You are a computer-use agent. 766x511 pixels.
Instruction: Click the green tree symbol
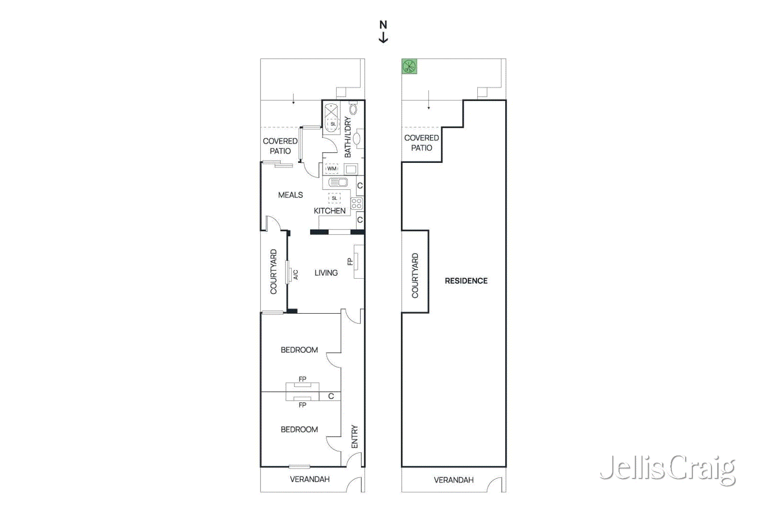(x=409, y=67)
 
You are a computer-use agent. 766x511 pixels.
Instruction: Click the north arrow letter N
(x=383, y=25)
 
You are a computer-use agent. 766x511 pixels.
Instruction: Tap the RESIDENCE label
(x=466, y=281)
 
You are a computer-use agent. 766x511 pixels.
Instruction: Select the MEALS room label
(x=290, y=195)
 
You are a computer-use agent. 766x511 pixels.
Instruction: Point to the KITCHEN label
(x=330, y=211)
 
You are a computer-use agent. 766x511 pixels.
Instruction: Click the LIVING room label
(x=326, y=273)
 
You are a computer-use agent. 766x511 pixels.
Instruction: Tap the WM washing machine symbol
(x=332, y=169)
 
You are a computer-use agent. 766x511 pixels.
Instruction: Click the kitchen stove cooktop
(x=356, y=204)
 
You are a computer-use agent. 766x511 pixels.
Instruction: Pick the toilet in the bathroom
(x=353, y=108)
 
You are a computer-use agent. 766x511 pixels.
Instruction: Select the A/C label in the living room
(x=296, y=274)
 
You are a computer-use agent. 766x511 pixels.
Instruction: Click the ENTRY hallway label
(x=354, y=436)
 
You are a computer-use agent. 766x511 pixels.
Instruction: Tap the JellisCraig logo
(x=667, y=470)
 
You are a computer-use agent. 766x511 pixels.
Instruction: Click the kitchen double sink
(x=338, y=182)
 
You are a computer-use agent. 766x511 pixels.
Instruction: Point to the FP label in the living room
(x=350, y=261)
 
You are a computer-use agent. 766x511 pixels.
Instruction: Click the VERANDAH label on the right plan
(x=453, y=480)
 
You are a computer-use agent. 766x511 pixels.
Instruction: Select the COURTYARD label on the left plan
(x=273, y=272)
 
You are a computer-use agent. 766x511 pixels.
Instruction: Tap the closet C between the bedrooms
(x=331, y=396)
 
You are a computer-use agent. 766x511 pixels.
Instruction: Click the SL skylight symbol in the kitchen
(x=335, y=198)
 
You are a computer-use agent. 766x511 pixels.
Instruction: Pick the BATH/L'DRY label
(x=348, y=137)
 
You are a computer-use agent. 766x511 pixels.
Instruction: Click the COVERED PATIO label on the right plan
(x=421, y=143)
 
